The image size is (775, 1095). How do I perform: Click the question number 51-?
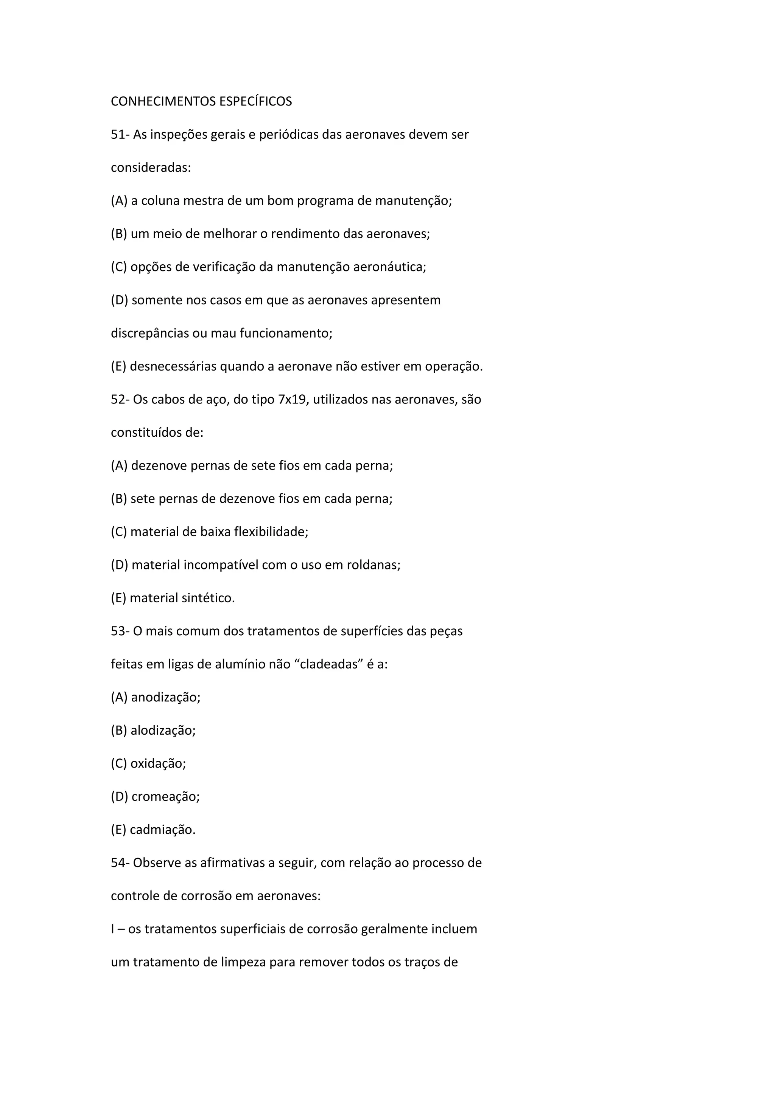(x=120, y=135)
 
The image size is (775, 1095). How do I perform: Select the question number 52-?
(x=120, y=399)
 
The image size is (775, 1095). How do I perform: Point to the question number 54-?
(x=120, y=863)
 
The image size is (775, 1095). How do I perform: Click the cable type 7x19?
(x=291, y=399)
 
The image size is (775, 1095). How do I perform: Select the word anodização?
(x=165, y=697)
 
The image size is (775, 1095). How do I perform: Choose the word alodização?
(x=163, y=731)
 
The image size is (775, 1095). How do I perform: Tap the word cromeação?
(x=165, y=797)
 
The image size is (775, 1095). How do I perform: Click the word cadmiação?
(x=162, y=830)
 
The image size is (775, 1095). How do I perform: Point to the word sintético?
(x=209, y=598)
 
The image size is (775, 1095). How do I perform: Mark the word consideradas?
(x=150, y=168)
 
